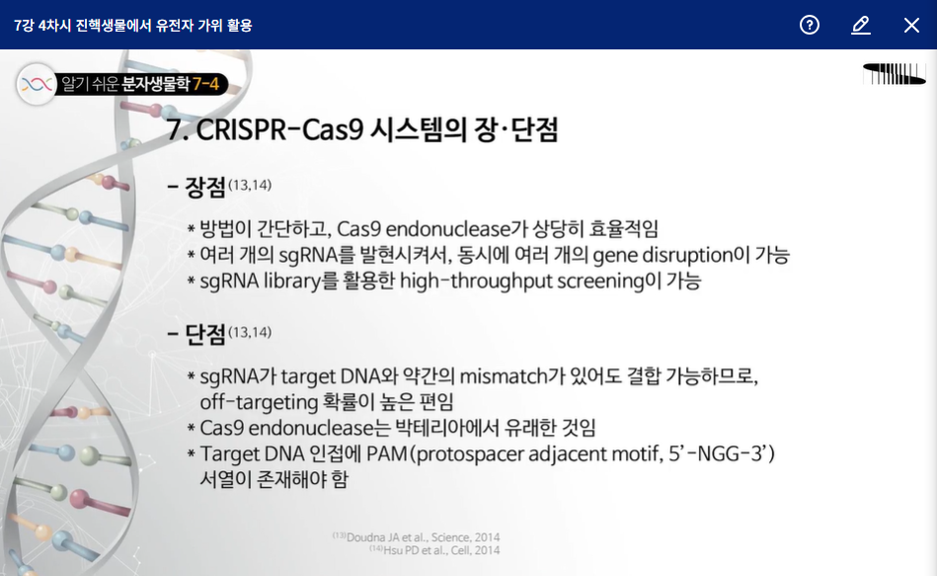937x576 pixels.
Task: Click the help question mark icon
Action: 809,25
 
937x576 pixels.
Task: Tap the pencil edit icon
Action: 861,25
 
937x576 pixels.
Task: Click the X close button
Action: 911,25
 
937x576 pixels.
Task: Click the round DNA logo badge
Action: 37,84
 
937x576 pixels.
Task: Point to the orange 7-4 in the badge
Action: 205,84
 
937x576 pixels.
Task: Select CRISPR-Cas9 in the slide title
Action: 279,129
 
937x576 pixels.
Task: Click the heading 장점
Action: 205,187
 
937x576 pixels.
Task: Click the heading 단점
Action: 205,334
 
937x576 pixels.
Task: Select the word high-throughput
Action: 475,282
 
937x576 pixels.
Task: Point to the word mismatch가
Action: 512,376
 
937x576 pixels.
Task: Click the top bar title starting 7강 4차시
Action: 132,25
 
